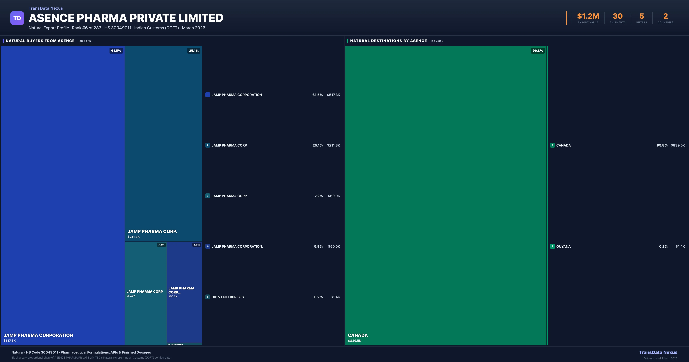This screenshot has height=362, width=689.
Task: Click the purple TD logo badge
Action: pyautogui.click(x=17, y=18)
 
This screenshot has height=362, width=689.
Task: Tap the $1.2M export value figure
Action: pyautogui.click(x=588, y=16)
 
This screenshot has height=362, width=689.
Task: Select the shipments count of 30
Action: pyautogui.click(x=618, y=16)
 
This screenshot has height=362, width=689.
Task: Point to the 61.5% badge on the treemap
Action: pyautogui.click(x=116, y=51)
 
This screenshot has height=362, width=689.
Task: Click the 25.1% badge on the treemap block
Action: pyautogui.click(x=194, y=51)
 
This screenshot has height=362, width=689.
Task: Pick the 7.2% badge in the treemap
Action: pyautogui.click(x=161, y=245)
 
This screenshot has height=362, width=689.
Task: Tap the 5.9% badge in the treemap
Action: pyautogui.click(x=197, y=245)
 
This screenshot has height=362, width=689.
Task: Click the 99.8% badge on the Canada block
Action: pyautogui.click(x=538, y=51)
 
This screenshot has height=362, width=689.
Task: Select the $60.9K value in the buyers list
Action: pyautogui.click(x=334, y=196)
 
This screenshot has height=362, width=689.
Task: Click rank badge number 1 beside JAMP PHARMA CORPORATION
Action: pyautogui.click(x=208, y=95)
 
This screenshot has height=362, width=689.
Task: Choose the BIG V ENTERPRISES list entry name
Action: pyautogui.click(x=228, y=297)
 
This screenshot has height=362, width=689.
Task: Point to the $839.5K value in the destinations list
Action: pyautogui.click(x=678, y=145)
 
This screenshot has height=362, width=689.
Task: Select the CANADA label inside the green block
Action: pyautogui.click(x=358, y=335)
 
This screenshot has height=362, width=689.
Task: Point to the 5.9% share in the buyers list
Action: pyautogui.click(x=318, y=247)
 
